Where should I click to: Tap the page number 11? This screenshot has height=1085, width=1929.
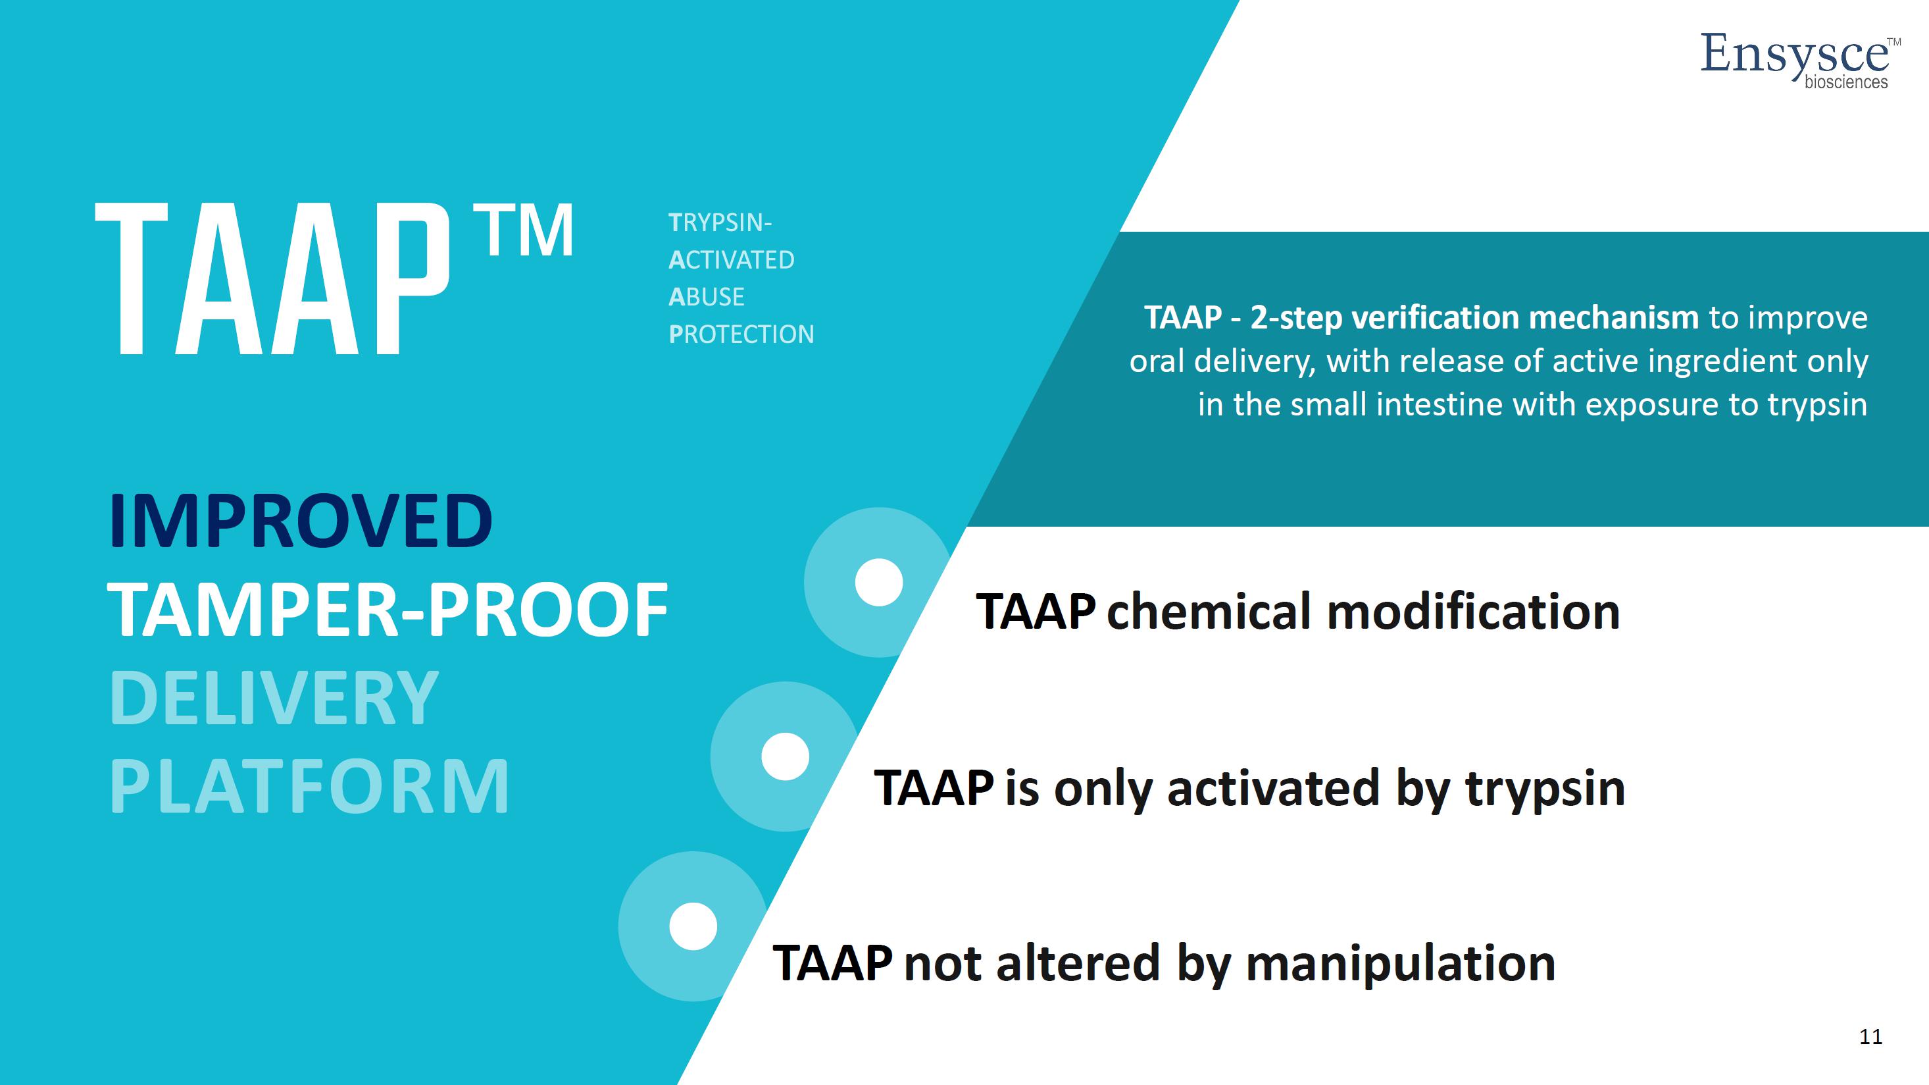coord(1870,1036)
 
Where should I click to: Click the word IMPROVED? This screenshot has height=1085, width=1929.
coord(300,521)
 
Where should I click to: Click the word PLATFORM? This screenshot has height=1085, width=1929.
coord(309,786)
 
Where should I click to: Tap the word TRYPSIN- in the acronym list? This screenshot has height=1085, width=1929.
coord(720,223)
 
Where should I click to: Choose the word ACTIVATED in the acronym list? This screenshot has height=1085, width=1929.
coord(731,260)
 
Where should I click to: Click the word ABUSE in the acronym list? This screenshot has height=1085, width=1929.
coord(706,297)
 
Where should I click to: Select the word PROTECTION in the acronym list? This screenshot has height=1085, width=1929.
coord(741,334)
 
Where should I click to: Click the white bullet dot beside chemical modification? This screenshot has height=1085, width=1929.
coord(878,582)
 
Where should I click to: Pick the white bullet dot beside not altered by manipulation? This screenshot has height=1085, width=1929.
coord(693,926)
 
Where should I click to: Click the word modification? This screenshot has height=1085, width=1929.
coord(1473,612)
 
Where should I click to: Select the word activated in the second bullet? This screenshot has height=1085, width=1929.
coord(1273,788)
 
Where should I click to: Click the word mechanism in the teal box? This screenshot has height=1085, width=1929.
coord(1613,318)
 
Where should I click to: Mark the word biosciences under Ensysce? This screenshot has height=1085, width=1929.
coord(1846,82)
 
